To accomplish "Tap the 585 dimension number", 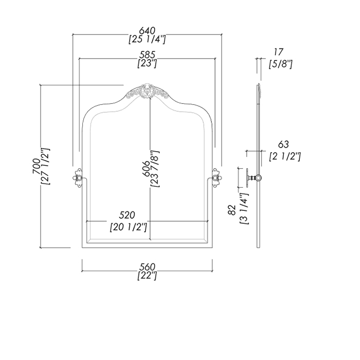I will coord(147,55).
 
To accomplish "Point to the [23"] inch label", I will coord(147,64).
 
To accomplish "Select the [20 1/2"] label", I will coord(129,226).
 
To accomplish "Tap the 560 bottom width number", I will coord(147,266).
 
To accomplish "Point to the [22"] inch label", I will coord(147,276).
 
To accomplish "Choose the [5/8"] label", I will coord(281,64).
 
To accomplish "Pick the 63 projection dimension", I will coord(284,145).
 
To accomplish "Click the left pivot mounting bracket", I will coord(79,178).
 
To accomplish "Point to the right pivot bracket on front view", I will coord(217,178).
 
